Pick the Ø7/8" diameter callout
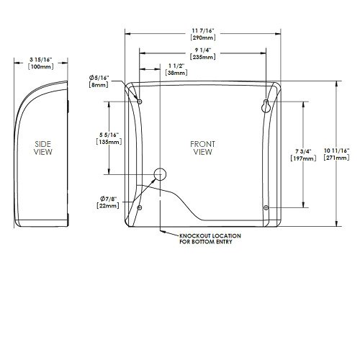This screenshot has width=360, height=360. click(x=107, y=199)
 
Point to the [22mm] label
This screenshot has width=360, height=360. click(x=107, y=207)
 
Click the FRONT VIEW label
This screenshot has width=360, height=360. click(x=203, y=148)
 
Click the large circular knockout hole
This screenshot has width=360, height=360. click(x=160, y=174)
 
